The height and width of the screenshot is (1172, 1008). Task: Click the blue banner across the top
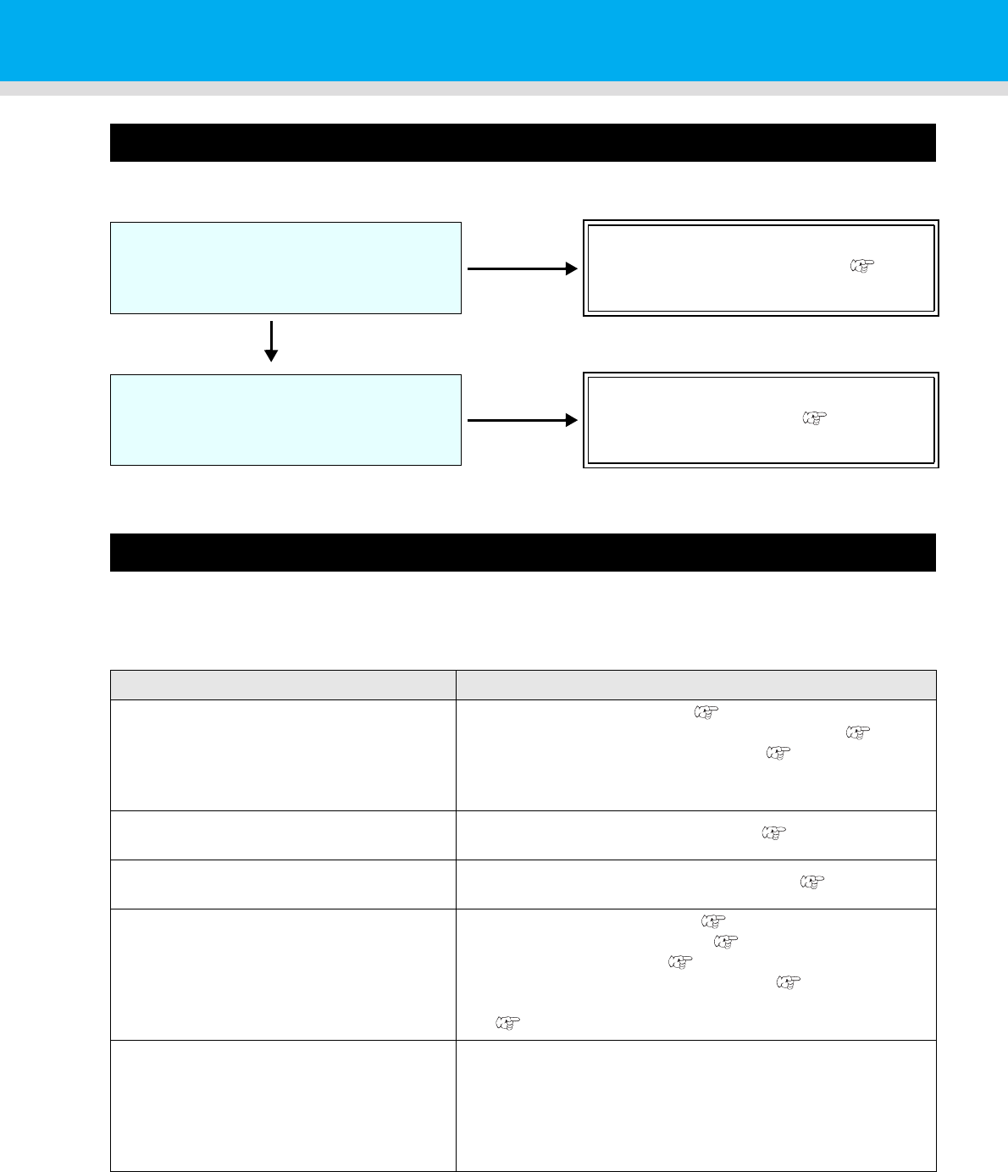pyautogui.click(x=504, y=40)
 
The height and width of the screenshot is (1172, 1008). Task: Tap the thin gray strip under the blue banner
pyautogui.click(x=504, y=88)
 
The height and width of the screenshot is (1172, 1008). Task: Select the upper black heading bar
pyautogui.click(x=523, y=142)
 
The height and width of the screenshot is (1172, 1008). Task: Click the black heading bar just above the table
pyautogui.click(x=523, y=552)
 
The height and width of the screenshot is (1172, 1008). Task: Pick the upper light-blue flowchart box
pyautogui.click(x=285, y=268)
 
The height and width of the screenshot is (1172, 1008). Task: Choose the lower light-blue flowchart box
pyautogui.click(x=285, y=419)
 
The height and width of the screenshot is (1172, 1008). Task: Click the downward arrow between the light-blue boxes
pyautogui.click(x=271, y=340)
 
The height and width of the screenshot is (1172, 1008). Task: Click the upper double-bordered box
pyautogui.click(x=761, y=268)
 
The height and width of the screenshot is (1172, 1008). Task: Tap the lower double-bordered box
pyautogui.click(x=761, y=419)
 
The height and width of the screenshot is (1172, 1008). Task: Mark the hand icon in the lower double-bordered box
pyautogui.click(x=811, y=417)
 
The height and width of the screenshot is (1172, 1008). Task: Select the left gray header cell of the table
pyautogui.click(x=283, y=685)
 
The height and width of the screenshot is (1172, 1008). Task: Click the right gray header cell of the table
pyautogui.click(x=695, y=685)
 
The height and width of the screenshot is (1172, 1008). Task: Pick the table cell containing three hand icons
pyautogui.click(x=695, y=755)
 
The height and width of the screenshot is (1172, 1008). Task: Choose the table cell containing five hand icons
pyautogui.click(x=695, y=974)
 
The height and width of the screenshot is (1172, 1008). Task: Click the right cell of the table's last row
pyautogui.click(x=695, y=1105)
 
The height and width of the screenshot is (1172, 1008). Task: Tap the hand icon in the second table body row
pyautogui.click(x=775, y=833)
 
